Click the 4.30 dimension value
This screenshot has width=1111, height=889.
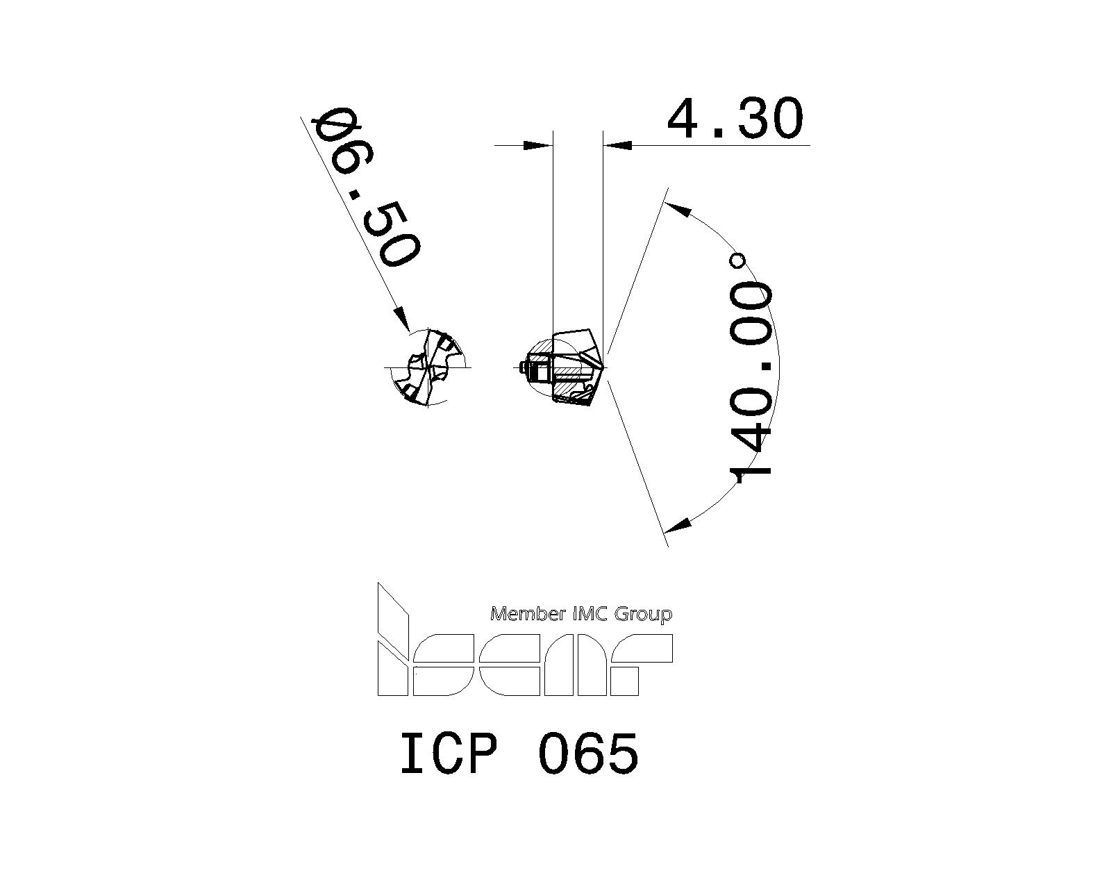tap(735, 119)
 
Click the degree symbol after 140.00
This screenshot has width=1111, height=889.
tap(738, 261)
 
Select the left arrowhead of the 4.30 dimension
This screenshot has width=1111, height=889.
tap(537, 146)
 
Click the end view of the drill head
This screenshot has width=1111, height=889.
tap(427, 367)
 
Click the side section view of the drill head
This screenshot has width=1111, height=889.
tap(562, 368)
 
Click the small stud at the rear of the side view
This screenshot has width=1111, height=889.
tap(522, 367)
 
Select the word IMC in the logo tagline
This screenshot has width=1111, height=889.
tap(589, 614)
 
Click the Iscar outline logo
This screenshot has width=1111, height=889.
tap(524, 663)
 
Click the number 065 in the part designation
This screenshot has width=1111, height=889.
tap(587, 754)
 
